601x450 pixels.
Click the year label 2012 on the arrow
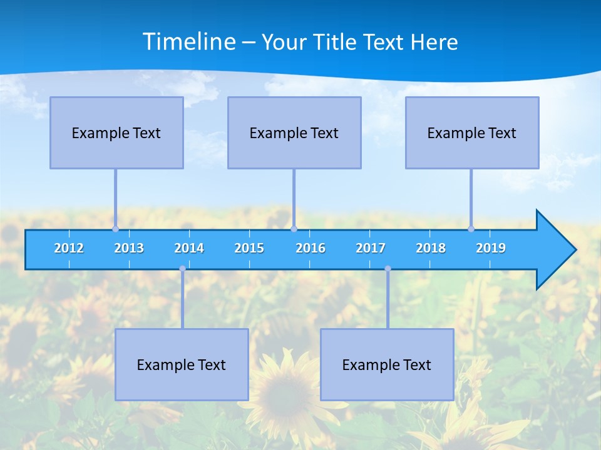coord(69,248)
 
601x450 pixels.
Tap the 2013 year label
coord(129,248)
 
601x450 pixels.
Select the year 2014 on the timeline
coord(189,248)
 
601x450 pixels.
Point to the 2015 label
coord(249,248)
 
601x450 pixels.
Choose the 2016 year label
coord(311,248)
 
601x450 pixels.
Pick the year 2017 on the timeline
coord(371,248)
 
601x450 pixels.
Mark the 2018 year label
coord(431,248)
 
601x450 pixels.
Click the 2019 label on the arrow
coord(491,248)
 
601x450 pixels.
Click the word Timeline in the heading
coord(188,42)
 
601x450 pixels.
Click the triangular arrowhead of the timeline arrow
coord(554,250)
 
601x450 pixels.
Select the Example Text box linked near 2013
coord(116,132)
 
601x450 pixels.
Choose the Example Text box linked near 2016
coord(294,132)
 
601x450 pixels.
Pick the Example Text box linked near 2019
coord(472,132)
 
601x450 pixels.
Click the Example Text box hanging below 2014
coord(182,364)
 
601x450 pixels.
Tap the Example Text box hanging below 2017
coord(387,364)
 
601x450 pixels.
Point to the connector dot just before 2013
coord(115,229)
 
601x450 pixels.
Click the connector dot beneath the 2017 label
coord(388,269)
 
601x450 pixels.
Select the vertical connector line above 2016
coord(294,197)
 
